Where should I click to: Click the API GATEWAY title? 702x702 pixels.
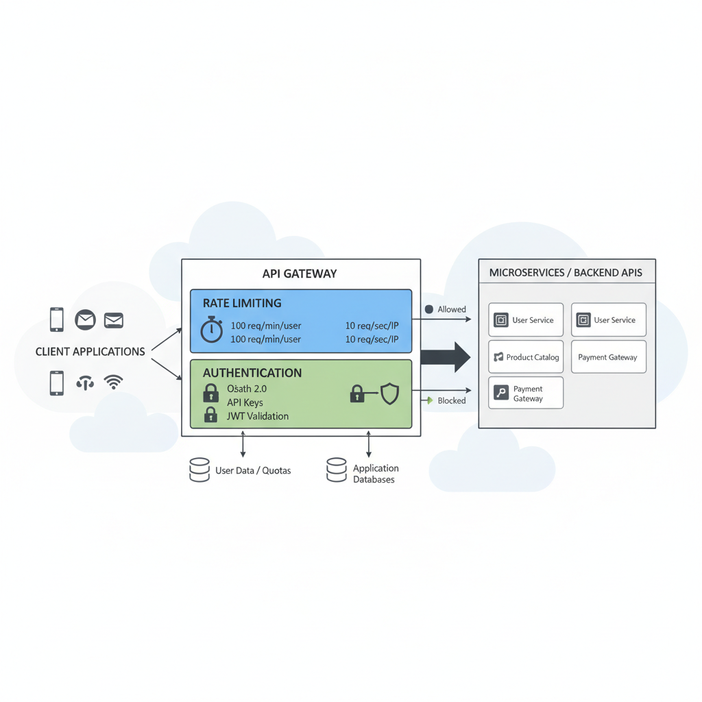[x=300, y=274]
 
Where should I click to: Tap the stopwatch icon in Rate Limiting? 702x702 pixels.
[x=211, y=329]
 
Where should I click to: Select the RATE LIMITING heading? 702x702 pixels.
[x=242, y=303]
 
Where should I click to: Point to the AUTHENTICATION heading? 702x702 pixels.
[x=252, y=373]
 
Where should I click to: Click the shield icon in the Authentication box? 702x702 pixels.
[x=389, y=394]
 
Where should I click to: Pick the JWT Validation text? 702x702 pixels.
[x=258, y=416]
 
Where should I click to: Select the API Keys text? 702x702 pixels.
[x=245, y=402]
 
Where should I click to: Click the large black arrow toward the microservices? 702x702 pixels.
[x=445, y=356]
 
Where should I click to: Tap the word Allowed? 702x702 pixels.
[x=452, y=309]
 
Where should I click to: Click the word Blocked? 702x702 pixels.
[x=452, y=400]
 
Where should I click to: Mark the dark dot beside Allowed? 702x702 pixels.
[x=429, y=309]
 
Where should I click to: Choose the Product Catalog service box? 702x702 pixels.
[x=526, y=357]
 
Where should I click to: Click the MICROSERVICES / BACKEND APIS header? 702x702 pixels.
[x=566, y=273]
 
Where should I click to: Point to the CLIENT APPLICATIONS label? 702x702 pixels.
[x=90, y=352]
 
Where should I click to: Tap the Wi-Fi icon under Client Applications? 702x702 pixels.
[x=114, y=383]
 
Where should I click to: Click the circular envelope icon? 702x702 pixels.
[x=85, y=319]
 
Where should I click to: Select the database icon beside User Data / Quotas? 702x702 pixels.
[x=199, y=470]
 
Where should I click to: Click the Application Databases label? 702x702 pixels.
[x=375, y=474]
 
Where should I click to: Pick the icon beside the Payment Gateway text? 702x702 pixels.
[x=501, y=393]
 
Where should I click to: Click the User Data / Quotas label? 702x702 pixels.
[x=253, y=471]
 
